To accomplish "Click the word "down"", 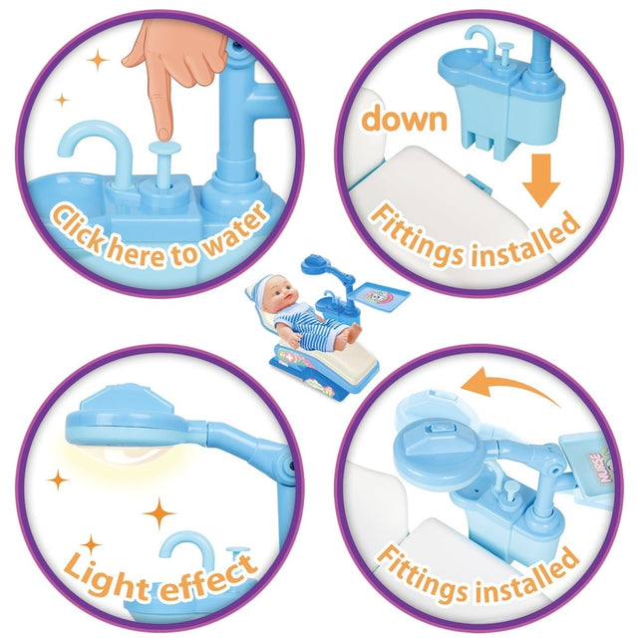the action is pyautogui.click(x=405, y=118).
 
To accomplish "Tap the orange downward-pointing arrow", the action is pyautogui.click(x=541, y=180).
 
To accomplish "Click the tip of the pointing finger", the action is pyautogui.click(x=163, y=135).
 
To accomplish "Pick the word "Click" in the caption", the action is pyautogui.click(x=79, y=227).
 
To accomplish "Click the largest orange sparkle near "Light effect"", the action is pyautogui.click(x=159, y=513).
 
